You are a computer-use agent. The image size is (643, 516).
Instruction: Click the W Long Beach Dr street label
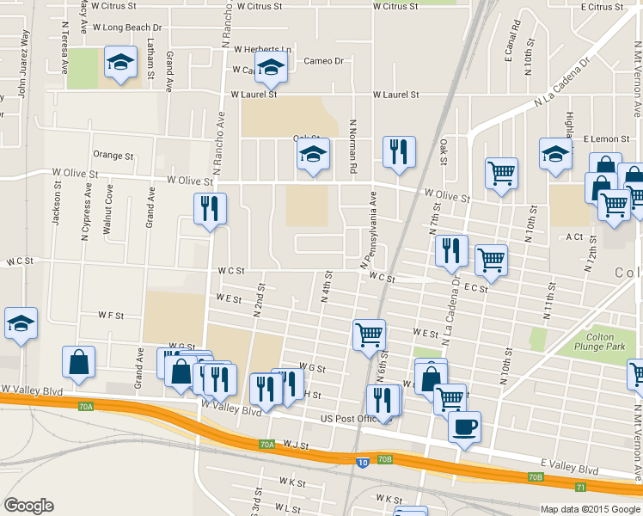click(127, 28)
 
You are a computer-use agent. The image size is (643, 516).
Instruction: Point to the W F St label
click(112, 316)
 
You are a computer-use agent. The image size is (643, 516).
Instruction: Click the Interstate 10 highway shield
click(364, 462)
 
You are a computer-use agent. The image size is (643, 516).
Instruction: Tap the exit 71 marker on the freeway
click(580, 487)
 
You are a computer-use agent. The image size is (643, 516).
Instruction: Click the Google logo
click(28, 506)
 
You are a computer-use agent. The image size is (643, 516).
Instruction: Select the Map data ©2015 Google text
click(590, 509)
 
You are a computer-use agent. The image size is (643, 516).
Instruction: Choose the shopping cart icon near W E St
click(370, 335)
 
